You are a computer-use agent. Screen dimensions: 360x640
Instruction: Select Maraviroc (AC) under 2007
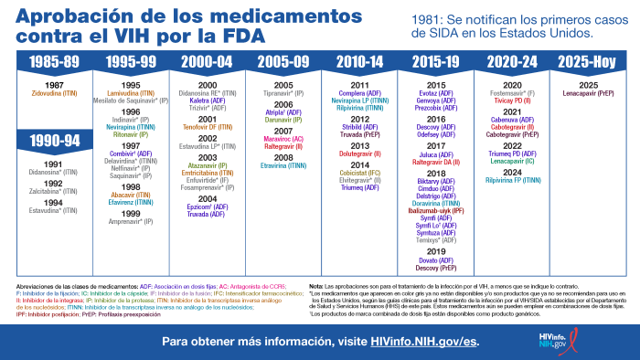(x=283, y=139)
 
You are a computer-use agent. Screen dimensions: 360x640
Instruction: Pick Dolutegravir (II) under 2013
(x=359, y=155)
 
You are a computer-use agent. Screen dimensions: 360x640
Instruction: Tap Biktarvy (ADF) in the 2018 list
(x=435, y=182)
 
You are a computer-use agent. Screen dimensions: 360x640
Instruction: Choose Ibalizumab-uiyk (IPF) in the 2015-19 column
(x=435, y=211)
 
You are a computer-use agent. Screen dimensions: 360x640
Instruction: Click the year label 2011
(x=359, y=85)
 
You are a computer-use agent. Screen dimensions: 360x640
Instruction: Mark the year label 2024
(x=512, y=172)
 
